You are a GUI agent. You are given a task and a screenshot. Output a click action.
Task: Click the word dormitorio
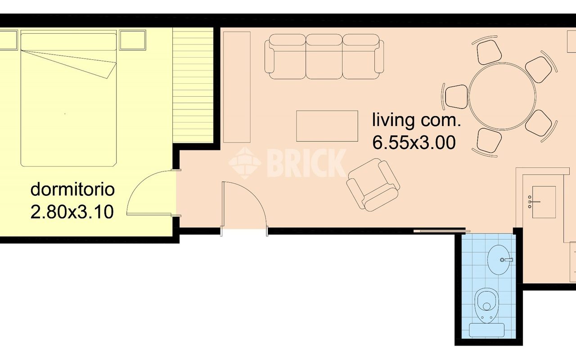point(72,189)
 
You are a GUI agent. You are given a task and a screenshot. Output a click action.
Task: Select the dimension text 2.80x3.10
point(72,212)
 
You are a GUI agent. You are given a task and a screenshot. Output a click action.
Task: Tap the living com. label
point(416,120)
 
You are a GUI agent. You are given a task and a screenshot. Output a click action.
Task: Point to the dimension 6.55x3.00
point(414,143)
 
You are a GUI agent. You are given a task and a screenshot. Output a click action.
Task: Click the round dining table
point(502,96)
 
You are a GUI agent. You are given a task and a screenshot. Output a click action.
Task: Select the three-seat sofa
point(324,57)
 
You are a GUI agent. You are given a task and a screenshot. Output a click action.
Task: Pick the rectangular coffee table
point(327,126)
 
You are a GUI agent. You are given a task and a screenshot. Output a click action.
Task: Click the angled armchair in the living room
point(373,184)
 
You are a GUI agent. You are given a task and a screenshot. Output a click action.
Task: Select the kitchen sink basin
point(544,202)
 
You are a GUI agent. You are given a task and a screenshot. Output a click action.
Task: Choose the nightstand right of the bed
point(133,40)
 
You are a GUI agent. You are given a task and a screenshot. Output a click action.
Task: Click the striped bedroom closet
point(193,85)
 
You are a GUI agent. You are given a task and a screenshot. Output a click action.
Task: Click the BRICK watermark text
point(306,163)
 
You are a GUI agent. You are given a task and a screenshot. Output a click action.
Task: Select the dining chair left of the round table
point(456,97)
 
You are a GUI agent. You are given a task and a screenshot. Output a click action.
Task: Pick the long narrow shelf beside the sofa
point(237,87)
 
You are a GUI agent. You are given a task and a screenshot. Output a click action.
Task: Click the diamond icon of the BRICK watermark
point(245,163)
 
